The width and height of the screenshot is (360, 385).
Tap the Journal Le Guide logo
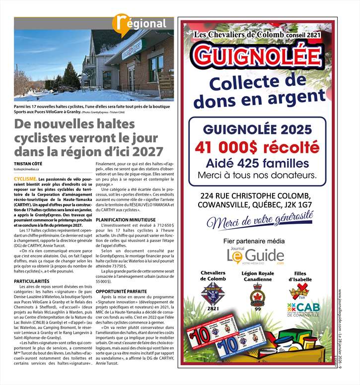255,255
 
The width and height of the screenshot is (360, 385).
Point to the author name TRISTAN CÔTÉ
28,163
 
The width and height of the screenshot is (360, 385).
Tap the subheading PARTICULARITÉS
32,281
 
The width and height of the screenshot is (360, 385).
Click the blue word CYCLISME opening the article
25,178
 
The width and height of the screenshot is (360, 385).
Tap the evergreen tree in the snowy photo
71,77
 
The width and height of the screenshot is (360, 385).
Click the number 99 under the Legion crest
257,309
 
